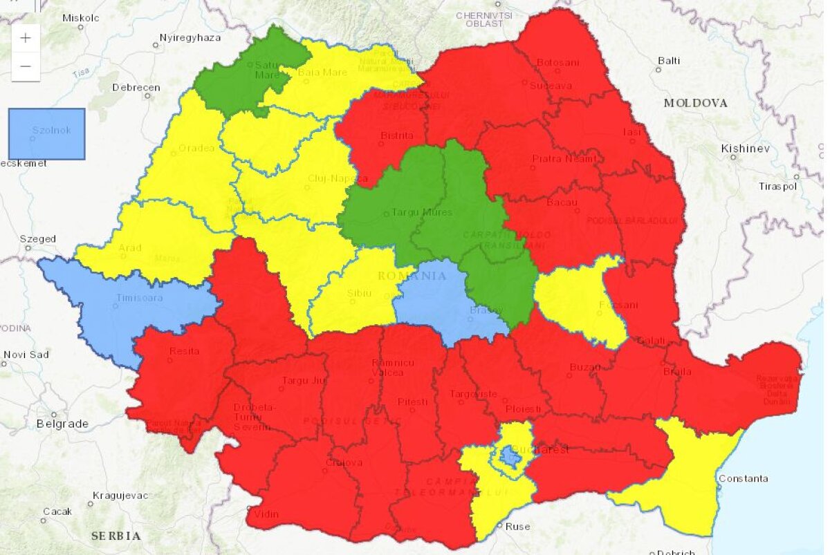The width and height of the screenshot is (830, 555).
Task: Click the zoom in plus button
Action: coord(26,39)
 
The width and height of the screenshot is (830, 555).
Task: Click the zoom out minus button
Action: coord(26,66)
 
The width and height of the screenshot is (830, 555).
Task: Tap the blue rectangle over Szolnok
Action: coord(46,133)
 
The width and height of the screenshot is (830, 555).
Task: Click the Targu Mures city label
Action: coord(422,212)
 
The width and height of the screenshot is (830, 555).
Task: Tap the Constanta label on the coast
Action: coord(743,478)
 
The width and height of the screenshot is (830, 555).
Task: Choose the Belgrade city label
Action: coord(62,423)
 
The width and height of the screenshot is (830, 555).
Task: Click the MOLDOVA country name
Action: coord(695,103)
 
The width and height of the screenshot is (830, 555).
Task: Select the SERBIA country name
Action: coord(116,536)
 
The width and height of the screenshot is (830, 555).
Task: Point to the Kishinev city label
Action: coord(745,149)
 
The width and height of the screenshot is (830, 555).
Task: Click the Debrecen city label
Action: coord(136,88)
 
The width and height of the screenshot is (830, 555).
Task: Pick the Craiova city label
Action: coord(344,462)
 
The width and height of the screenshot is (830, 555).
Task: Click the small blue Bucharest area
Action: coord(510,455)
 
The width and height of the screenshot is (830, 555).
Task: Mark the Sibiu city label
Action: coord(359,293)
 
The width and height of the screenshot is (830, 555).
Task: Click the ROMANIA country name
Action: coord(412,276)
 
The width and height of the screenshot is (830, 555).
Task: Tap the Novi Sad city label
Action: coord(26,355)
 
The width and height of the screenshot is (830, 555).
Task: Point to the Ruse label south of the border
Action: coord(517,527)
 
